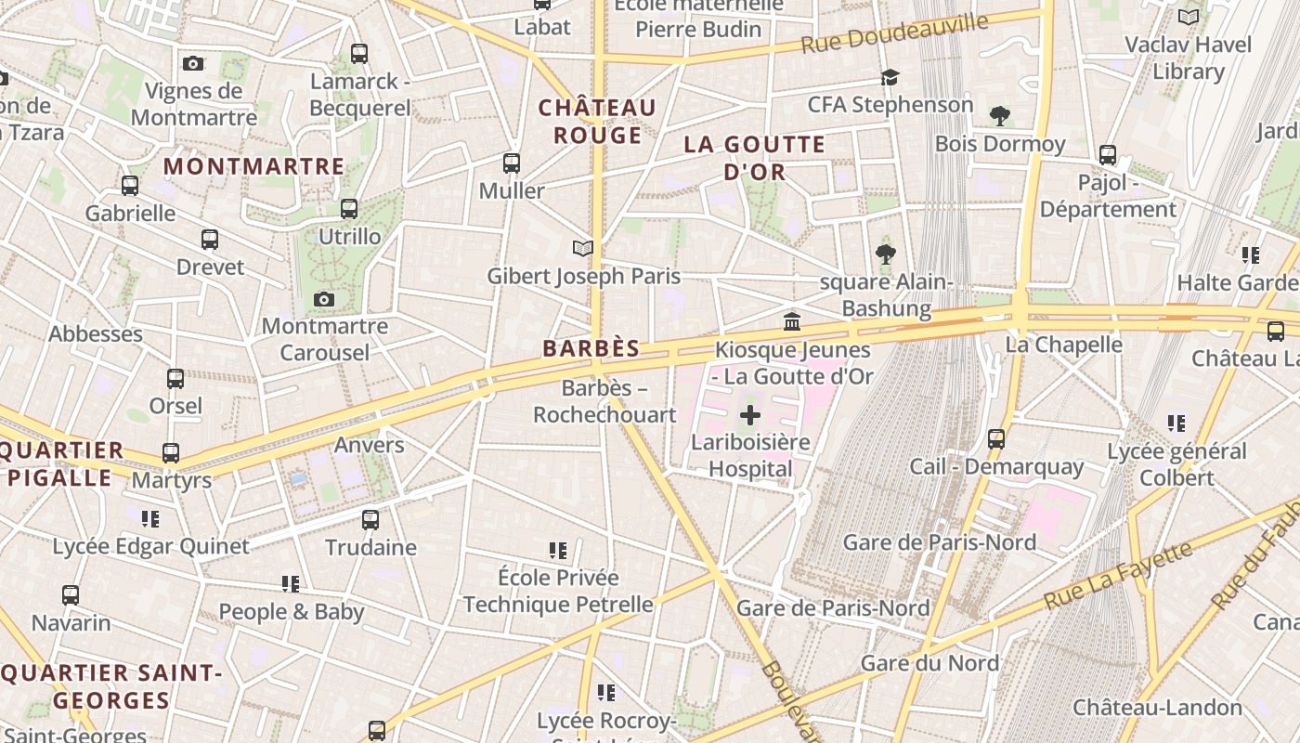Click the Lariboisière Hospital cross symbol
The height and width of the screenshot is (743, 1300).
tap(750, 415)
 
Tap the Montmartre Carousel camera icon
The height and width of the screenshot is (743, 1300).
tap(323, 299)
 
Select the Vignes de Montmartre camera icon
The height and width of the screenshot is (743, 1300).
tap(193, 63)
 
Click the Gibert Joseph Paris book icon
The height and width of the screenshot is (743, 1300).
tap(582, 249)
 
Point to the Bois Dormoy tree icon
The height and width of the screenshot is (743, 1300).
tap(999, 116)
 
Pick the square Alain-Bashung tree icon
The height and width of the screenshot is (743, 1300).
tap(885, 254)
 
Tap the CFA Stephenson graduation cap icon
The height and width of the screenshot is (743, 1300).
tap(890, 77)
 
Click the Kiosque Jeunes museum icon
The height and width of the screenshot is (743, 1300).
tap(792, 322)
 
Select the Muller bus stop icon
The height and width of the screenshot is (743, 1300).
tap(511, 163)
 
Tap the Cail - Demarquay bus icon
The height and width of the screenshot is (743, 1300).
tap(996, 438)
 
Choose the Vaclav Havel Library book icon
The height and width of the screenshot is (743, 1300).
tap(1188, 17)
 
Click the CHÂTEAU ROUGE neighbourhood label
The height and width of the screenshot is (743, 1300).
tap(597, 122)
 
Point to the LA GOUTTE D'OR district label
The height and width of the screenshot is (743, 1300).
tap(754, 158)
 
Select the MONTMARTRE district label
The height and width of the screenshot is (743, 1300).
tap(253, 166)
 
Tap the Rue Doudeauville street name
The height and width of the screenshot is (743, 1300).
tap(894, 33)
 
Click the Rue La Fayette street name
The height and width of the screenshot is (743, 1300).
tap(1118, 577)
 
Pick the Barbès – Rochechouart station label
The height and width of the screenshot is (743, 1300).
tap(604, 401)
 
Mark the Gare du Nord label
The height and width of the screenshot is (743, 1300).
tap(929, 663)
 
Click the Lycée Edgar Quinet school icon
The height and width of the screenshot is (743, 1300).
tap(150, 518)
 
